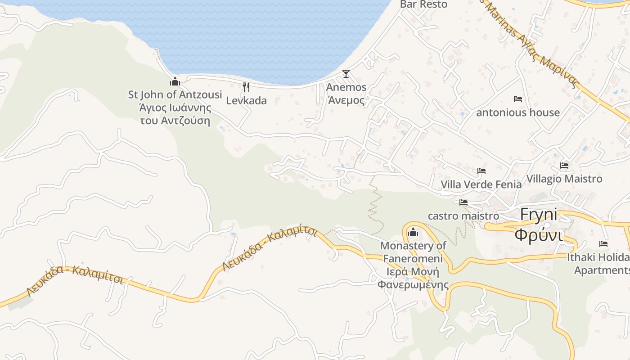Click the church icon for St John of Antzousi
(175, 81)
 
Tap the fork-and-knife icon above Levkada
(246, 87)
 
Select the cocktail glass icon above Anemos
(346, 74)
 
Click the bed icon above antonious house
(517, 99)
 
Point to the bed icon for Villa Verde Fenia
(481, 171)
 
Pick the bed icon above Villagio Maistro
(564, 166)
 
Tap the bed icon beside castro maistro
(463, 202)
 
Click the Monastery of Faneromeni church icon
(413, 233)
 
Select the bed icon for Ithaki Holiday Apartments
(603, 244)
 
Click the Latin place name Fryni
(539, 215)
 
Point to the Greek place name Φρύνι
(539, 235)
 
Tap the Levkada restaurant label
(246, 100)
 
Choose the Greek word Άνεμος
(346, 100)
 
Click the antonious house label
(518, 112)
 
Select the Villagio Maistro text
(564, 179)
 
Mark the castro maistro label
(463, 216)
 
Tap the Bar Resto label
(424, 4)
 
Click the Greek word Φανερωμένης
(413, 284)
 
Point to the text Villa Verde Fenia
(481, 184)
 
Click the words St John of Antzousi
(175, 94)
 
